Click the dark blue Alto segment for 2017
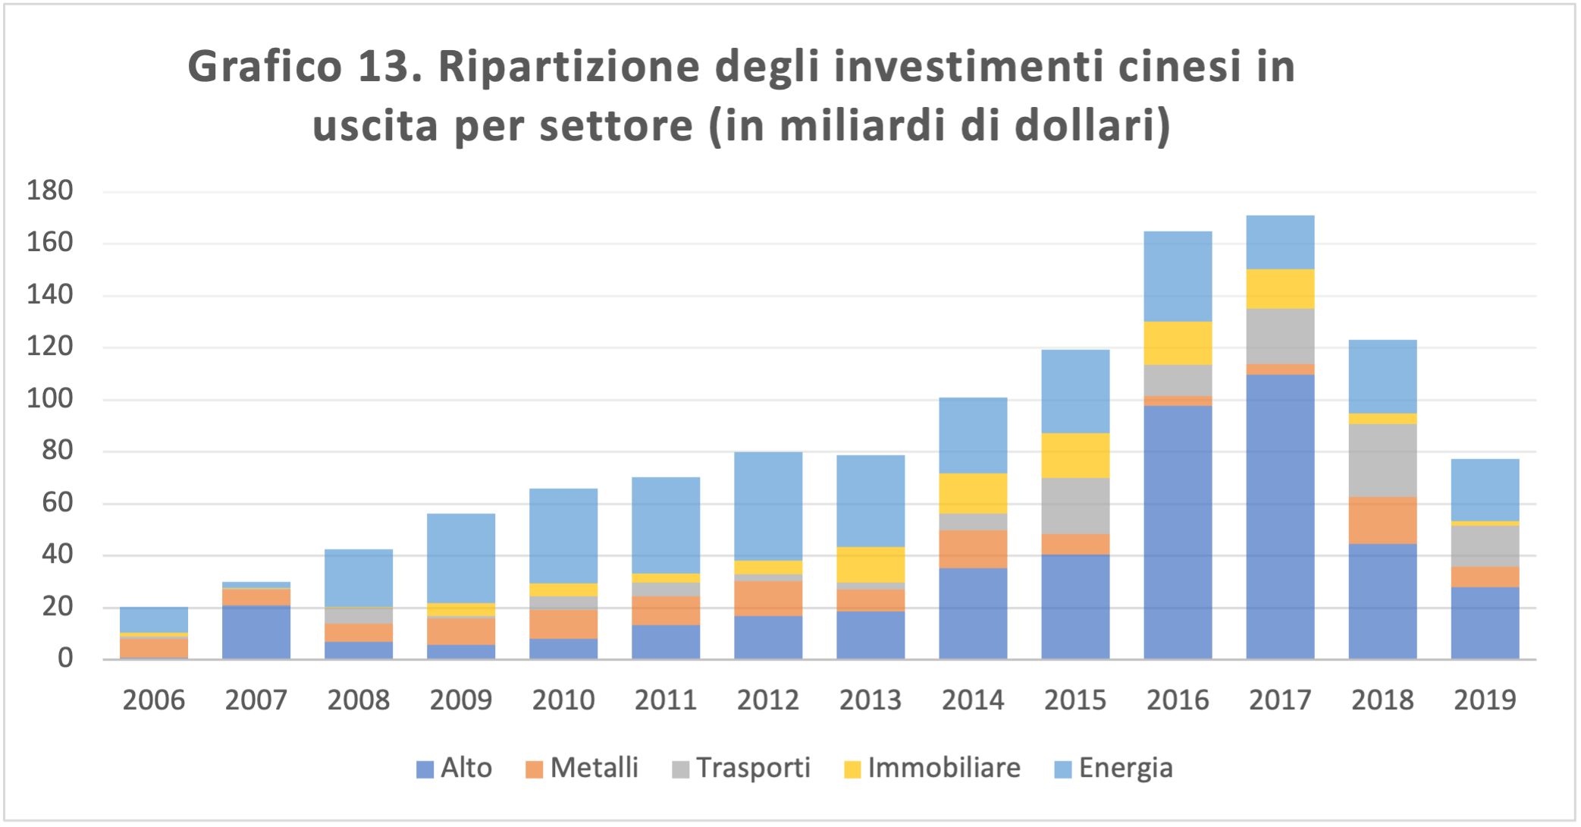tap(1280, 516)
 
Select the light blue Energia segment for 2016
tap(1178, 276)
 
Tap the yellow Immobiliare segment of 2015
tap(1075, 455)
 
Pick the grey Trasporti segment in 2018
tap(1382, 460)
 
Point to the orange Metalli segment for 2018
tap(1382, 520)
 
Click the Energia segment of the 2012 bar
tap(768, 506)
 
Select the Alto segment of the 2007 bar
tap(256, 632)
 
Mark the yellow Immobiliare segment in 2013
tap(870, 564)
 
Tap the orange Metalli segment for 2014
tap(973, 549)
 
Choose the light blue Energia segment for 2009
tap(461, 558)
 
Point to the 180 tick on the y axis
tap(50, 190)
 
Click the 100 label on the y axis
tap(50, 398)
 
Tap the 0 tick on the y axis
tap(65, 658)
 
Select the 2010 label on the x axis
tap(563, 700)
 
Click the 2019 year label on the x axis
tap(1485, 700)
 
